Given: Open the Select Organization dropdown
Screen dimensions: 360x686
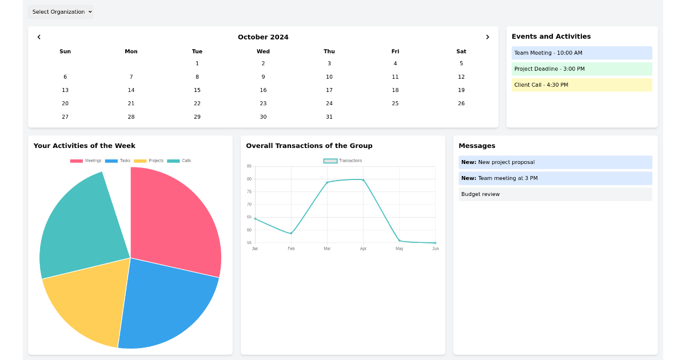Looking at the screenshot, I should [61, 12].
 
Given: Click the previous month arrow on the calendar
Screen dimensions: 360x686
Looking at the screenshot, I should [39, 37].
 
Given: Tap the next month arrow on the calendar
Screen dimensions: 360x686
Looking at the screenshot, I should [487, 37].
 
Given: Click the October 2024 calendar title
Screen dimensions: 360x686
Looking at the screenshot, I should [263, 37].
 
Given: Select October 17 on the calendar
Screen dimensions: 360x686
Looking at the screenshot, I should [329, 90].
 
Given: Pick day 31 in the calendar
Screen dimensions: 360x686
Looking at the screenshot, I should [329, 117].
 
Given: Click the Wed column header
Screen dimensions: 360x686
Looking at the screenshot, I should [263, 51].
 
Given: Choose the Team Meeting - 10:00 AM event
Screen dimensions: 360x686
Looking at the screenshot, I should [581, 53].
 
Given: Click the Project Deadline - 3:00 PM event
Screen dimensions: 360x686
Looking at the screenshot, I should [581, 69].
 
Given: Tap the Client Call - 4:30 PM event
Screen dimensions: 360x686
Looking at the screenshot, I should [581, 85].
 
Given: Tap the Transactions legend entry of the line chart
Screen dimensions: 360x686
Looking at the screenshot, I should [343, 161].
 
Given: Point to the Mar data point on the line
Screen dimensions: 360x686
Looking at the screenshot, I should [327, 182].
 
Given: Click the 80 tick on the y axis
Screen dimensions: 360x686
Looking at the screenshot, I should [249, 179].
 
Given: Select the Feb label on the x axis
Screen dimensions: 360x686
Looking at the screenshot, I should [291, 249].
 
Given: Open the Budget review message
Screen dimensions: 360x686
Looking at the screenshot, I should [555, 195].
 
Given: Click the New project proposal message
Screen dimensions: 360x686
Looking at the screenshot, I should [555, 163].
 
